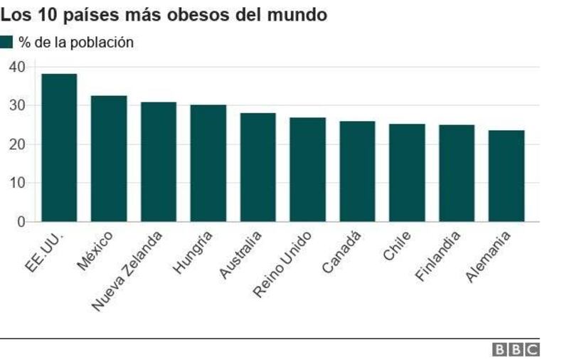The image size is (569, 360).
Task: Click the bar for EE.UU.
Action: point(59,148)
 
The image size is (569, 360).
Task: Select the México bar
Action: point(109,159)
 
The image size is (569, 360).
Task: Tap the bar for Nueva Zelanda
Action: point(159,162)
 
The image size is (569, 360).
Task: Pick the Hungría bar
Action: point(208,164)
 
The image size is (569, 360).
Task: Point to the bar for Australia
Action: point(258,167)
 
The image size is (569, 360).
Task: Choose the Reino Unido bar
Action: point(308,169)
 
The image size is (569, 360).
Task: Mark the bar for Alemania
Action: point(506,176)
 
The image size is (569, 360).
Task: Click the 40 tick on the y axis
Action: point(17,67)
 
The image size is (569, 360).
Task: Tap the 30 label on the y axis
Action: point(17,105)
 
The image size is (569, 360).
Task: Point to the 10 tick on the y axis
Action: point(17,183)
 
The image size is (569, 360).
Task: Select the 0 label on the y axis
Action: point(21,222)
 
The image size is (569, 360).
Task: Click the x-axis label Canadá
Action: point(341,251)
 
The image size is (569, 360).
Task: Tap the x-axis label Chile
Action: point(397,245)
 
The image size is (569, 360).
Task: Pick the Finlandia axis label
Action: point(437,255)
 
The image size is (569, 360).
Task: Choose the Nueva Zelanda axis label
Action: point(127,271)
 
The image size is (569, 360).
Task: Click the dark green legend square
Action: point(6,42)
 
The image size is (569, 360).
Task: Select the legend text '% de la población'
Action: point(76,43)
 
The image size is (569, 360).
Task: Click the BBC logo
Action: point(516,350)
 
